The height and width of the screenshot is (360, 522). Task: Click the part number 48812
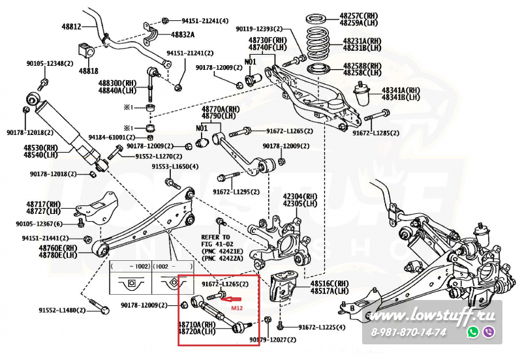pos(72,27)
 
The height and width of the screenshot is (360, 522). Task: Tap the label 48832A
pos(183,35)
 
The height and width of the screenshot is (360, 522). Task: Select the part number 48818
pos(89,70)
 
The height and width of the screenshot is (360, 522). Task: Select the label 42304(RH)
pos(299,196)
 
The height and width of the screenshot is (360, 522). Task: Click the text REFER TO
pos(216,237)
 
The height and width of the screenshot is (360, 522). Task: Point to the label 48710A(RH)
pos(197,323)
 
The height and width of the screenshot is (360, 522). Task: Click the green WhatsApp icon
pos(473,332)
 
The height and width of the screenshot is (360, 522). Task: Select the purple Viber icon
pos(488,332)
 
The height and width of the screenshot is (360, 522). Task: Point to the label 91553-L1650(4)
pos(176,167)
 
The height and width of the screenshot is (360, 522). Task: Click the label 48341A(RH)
pos(401,90)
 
